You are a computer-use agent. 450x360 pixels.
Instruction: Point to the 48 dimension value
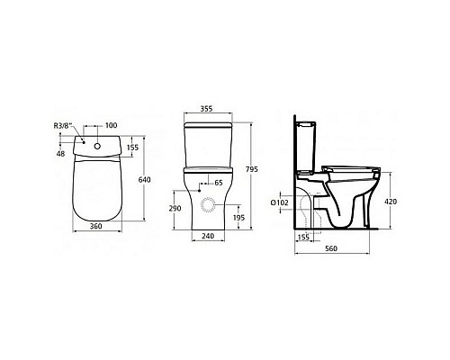point(59,153)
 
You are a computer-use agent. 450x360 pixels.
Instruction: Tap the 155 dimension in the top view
point(133,147)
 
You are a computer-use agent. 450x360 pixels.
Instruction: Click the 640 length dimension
point(143,179)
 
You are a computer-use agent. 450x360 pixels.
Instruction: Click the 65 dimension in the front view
point(217,183)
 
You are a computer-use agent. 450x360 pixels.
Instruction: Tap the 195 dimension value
point(239,218)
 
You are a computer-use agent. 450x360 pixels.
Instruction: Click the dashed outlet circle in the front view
point(209,206)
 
